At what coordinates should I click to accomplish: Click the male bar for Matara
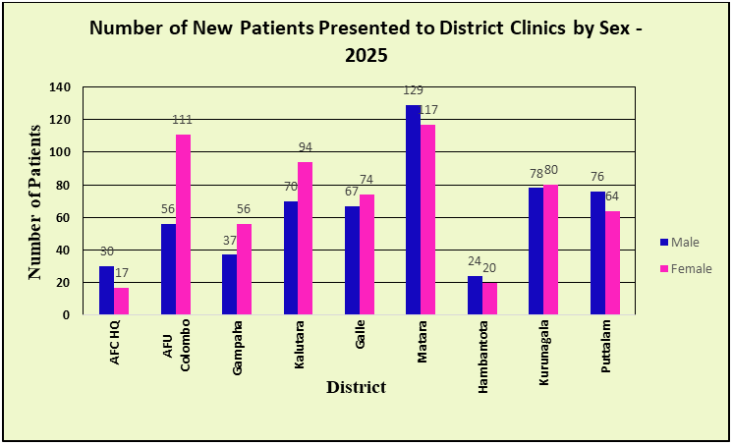click(413, 210)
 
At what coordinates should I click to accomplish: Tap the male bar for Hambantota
click(475, 296)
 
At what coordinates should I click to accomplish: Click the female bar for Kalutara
click(306, 239)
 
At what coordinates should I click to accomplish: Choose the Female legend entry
click(684, 268)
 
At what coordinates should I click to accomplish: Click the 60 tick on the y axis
click(63, 217)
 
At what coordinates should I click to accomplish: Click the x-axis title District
click(356, 387)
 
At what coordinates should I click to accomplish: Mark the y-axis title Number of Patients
click(35, 201)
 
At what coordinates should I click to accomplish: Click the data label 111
click(182, 120)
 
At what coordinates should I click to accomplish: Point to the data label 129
click(413, 90)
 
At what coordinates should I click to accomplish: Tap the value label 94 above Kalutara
click(306, 147)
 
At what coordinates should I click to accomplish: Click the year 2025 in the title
click(366, 55)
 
